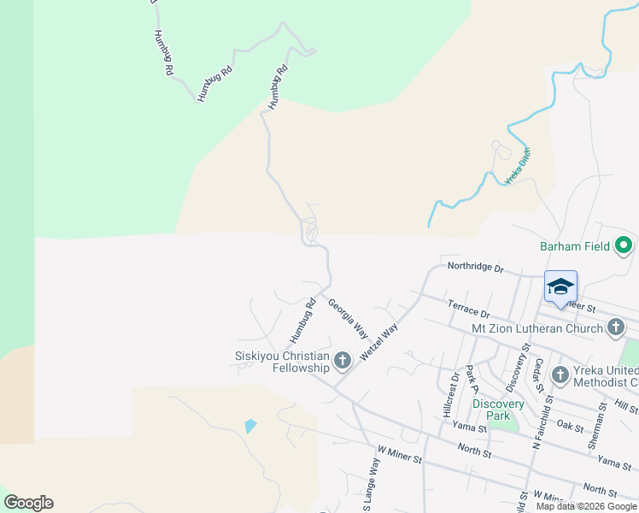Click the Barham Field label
(575, 246)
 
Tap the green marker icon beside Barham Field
(624, 246)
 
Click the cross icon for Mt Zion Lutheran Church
(615, 327)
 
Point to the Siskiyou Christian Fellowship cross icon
(343, 361)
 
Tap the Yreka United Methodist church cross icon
(560, 374)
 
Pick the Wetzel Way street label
(379, 339)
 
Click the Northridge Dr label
(476, 267)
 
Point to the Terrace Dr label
(467, 309)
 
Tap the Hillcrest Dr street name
(451, 394)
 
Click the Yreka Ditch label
(519, 166)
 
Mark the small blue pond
(249, 426)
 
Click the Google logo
(28, 503)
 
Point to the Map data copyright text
(586, 506)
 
